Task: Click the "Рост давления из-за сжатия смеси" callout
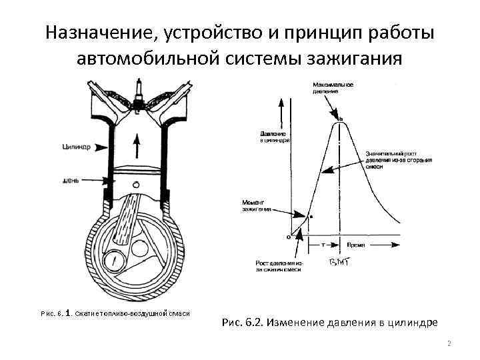tap(279, 266)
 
